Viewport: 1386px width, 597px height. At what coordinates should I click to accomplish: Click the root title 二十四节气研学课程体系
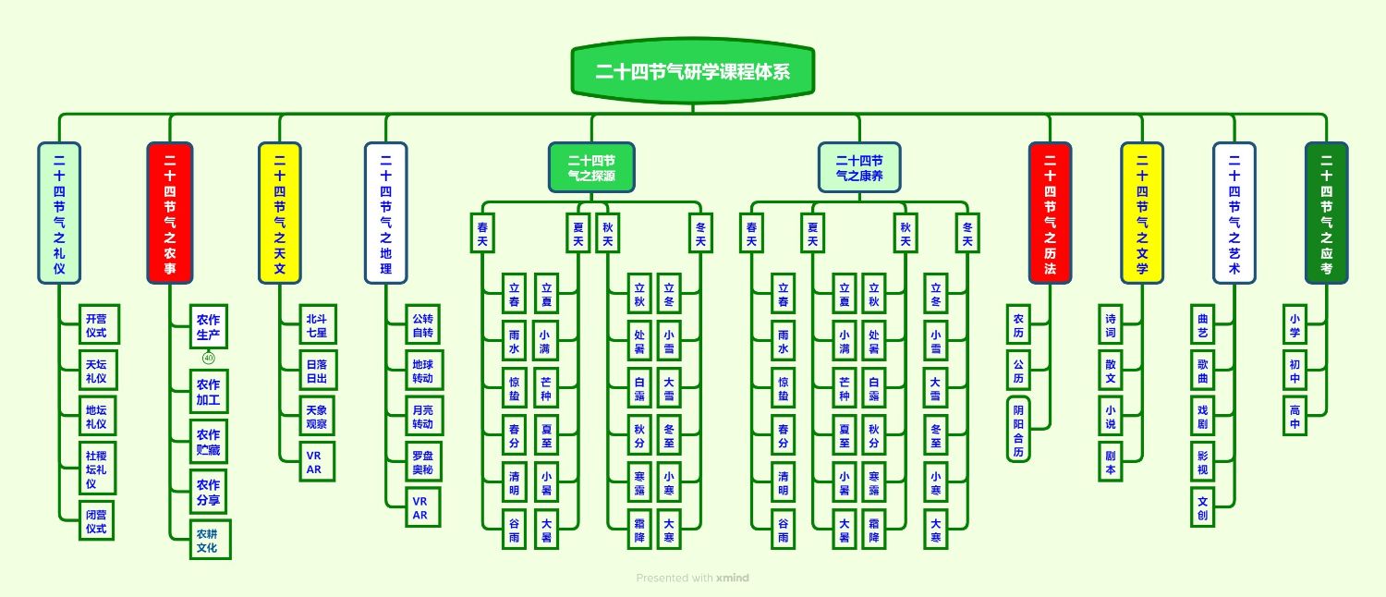pos(692,71)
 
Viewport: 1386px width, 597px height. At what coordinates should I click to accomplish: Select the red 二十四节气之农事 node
pos(169,213)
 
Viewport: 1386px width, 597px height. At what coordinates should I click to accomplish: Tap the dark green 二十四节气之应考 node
pos(1326,213)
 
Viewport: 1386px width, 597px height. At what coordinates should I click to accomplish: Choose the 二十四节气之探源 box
pos(591,166)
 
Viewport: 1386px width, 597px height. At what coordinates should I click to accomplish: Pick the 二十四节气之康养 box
pos(859,166)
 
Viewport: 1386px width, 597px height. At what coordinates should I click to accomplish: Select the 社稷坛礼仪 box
pos(97,469)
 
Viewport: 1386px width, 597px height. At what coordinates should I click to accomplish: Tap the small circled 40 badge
pos(208,359)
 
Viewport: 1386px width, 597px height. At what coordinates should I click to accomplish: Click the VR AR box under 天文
pos(314,463)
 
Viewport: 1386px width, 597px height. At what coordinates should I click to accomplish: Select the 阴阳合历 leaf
pos(1018,429)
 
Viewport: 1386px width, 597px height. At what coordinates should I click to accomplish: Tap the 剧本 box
pos(1111,462)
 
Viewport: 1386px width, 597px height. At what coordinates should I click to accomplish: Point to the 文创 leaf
pos(1202,507)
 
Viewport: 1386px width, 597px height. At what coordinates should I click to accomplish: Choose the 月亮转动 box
pos(422,418)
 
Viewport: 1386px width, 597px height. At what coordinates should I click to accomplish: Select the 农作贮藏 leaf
pos(208,442)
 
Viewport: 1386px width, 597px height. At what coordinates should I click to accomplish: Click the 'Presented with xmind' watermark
pos(692,579)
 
